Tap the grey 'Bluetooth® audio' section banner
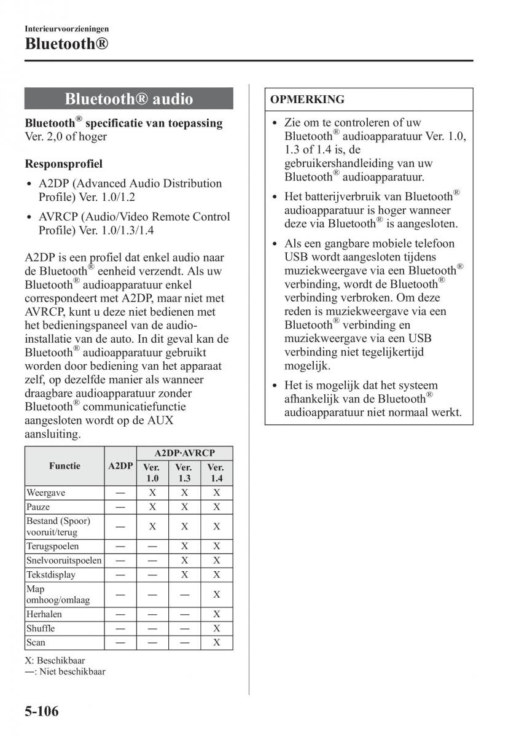pos(129,99)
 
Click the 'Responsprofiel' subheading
pos(64,164)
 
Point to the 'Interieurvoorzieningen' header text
pos(67,28)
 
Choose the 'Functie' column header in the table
pos(64,466)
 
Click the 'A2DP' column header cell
pos(120,466)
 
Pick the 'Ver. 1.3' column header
pos(184,473)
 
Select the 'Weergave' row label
pos(46,493)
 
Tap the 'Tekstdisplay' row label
pos(51,574)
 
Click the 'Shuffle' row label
pos(41,628)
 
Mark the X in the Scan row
pos(216,642)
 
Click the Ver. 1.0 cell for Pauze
pos(152,507)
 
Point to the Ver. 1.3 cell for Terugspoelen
pos(184,546)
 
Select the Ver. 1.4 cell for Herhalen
pos(216,614)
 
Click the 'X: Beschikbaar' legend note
pos(55,661)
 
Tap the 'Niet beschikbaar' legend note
pos(71,672)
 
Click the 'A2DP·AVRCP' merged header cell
pos(184,453)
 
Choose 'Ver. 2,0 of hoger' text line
pos(66,136)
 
